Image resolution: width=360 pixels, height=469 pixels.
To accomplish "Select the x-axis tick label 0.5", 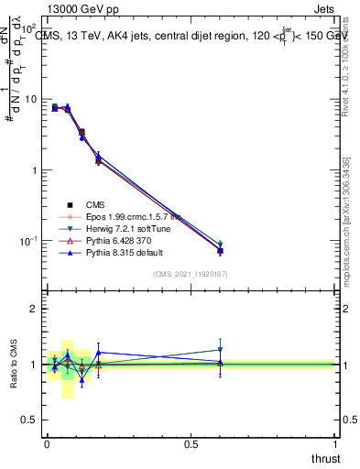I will [x=191, y=442].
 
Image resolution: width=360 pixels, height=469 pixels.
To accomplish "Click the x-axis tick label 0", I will [x=47, y=442].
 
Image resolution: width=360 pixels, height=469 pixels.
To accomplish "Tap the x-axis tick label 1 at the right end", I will [x=336, y=442].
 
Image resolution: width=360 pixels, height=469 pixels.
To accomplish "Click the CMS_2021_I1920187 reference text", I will [x=191, y=274].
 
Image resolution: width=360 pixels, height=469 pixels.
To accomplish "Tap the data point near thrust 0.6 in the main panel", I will [x=220, y=250].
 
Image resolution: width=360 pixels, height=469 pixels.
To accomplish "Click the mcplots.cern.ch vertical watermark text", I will [x=346, y=220].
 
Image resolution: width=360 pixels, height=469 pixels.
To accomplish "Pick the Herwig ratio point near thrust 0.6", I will [x=220, y=349].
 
